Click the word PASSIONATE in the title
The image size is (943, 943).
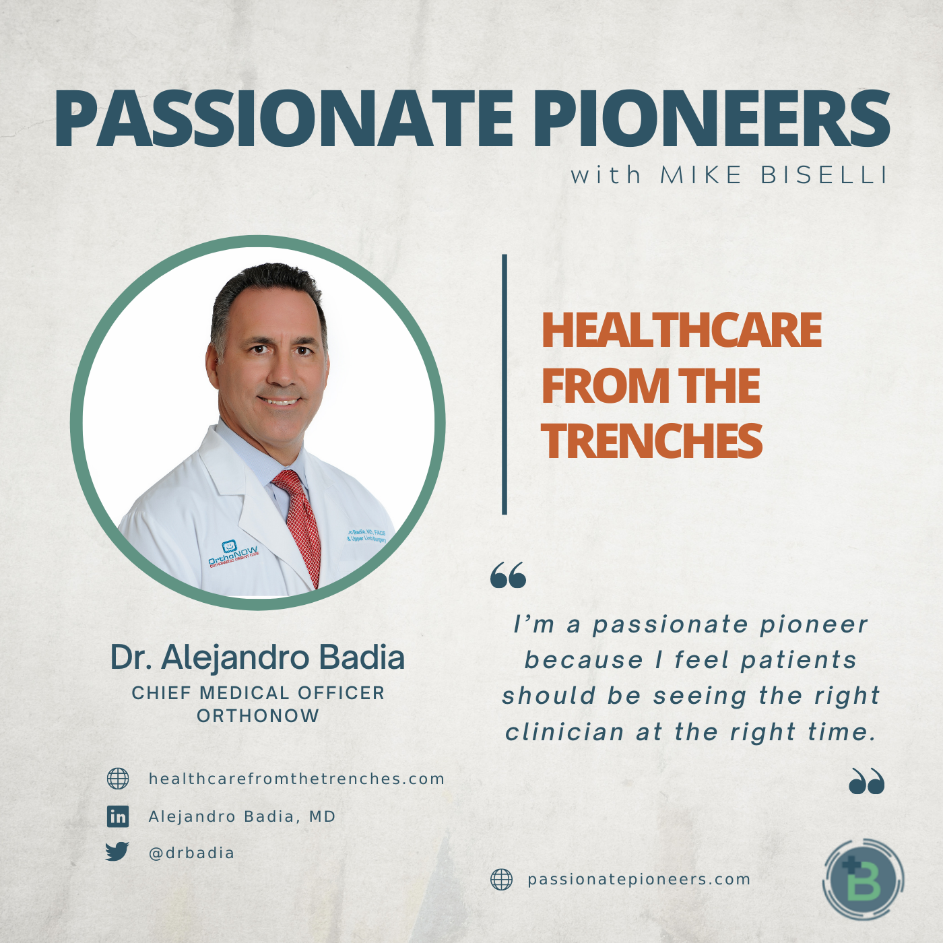coord(284,118)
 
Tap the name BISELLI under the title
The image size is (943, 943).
coord(824,175)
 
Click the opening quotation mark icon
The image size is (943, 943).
coord(508,575)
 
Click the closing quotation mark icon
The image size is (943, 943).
coord(867,781)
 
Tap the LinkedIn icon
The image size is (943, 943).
coord(118,817)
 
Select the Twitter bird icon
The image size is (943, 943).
coord(117,851)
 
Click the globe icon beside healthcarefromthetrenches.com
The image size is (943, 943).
coord(118,779)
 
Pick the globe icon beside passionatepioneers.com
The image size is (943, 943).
coord(501,880)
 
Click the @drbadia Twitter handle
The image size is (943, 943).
coord(191,853)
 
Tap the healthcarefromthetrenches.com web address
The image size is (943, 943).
coord(296,779)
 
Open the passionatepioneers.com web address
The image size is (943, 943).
coord(639,880)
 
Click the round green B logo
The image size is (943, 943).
coord(864,879)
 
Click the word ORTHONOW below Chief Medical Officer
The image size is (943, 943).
coord(258,716)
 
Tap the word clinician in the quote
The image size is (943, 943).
coord(564,733)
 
